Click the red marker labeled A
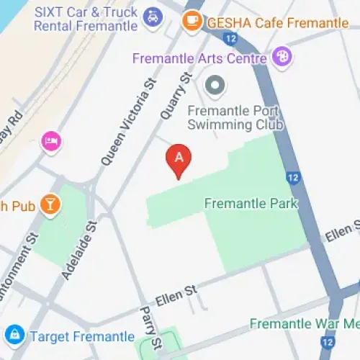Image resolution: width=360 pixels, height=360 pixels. click(179, 159)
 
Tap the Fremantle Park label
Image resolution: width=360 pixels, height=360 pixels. click(251, 203)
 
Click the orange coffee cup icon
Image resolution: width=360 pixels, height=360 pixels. click(192, 22)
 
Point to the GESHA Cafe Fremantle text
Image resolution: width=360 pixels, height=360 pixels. click(278, 22)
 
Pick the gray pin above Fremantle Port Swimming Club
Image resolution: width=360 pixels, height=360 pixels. click(215, 86)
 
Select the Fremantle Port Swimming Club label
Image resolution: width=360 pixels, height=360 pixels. click(235, 118)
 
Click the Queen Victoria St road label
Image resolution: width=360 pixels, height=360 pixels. click(129, 124)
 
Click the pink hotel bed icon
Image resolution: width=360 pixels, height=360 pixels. click(50, 139)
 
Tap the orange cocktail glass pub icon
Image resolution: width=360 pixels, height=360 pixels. click(50, 205)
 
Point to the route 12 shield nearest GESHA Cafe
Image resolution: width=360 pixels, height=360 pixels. click(230, 38)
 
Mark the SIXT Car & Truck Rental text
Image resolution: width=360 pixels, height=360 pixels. click(86, 19)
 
